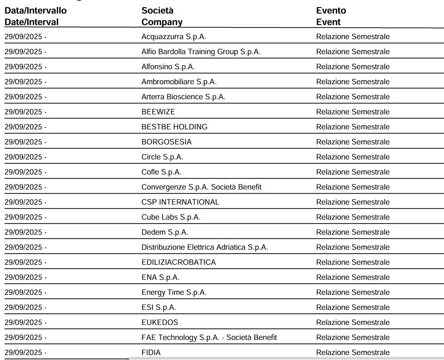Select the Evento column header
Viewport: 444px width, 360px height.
point(331,11)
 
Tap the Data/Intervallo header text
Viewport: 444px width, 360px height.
point(36,11)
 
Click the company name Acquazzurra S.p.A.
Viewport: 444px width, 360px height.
point(174,37)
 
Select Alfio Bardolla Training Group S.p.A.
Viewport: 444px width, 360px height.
point(201,52)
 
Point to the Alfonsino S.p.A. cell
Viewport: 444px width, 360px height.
point(168,67)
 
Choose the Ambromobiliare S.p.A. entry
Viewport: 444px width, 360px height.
point(179,82)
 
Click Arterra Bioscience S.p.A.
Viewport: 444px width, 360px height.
point(183,97)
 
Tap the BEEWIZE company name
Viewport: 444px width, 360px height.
point(159,112)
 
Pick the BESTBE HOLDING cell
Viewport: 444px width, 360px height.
point(174,127)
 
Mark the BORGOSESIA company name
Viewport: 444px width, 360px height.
point(167,142)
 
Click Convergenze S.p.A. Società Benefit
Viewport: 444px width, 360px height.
point(201,187)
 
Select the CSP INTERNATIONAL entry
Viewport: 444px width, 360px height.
point(180,202)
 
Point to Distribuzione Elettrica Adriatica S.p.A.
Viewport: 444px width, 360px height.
point(205,247)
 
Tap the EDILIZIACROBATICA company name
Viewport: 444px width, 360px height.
point(179,262)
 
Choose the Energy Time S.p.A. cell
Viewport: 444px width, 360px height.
point(174,292)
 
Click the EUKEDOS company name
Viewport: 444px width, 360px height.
point(160,322)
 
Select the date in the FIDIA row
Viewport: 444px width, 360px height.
point(25,352)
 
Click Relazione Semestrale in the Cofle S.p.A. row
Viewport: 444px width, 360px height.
point(353,172)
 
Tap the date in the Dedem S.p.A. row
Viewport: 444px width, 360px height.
point(25,232)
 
